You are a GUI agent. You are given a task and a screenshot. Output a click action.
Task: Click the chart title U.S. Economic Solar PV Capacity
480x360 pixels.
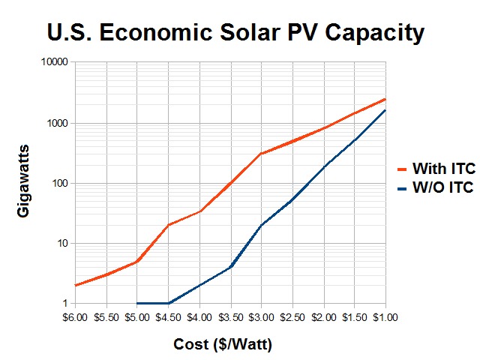coord(235,32)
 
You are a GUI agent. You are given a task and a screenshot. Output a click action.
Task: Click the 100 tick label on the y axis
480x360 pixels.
coord(60,183)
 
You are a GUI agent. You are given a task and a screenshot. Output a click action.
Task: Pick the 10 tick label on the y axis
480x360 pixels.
coord(63,243)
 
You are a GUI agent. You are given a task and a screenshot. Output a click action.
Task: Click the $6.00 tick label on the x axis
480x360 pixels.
coord(76,318)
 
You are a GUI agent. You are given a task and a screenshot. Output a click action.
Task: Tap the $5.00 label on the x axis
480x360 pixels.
coord(137,318)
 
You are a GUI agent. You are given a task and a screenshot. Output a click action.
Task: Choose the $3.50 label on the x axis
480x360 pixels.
coord(230,318)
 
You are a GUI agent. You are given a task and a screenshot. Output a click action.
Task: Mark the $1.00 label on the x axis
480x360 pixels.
coord(385,318)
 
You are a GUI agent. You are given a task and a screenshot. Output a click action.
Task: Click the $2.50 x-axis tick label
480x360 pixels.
coord(292,318)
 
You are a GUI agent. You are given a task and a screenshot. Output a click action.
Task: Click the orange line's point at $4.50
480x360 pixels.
coord(169,225)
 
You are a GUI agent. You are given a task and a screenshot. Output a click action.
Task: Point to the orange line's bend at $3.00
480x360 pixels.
coord(261,154)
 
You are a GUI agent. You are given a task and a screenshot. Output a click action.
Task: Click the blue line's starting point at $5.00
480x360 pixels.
coord(138,303)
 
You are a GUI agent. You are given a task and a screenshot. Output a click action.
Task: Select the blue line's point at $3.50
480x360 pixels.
coord(230,267)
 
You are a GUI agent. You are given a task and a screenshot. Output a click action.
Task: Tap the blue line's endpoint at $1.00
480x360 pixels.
coord(385,110)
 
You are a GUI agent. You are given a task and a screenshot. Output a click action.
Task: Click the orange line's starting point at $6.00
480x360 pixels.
coord(76,285)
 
